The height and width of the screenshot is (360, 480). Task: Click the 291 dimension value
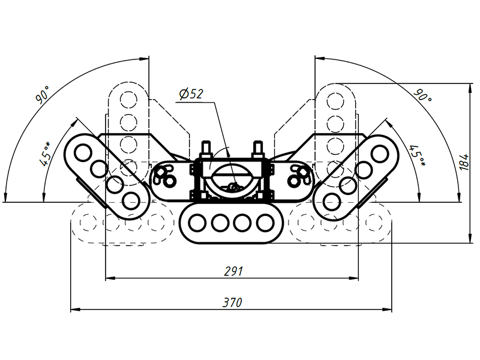click(x=233, y=271)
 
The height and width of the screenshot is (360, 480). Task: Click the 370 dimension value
click(x=232, y=302)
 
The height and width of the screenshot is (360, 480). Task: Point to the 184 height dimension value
click(x=464, y=162)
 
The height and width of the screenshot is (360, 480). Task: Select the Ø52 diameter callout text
click(x=191, y=94)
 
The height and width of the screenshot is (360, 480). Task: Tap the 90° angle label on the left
click(x=43, y=95)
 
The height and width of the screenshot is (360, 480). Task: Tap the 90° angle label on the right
click(x=423, y=95)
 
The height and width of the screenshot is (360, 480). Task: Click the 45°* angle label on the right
click(x=418, y=155)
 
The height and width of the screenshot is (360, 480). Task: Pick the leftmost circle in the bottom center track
click(x=197, y=223)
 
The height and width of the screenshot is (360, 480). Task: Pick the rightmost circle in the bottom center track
click(x=265, y=223)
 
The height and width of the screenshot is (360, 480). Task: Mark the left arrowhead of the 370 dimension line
click(x=76, y=310)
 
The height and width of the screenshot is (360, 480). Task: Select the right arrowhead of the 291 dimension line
click(x=353, y=278)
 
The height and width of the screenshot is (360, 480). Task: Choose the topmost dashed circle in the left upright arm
click(x=128, y=100)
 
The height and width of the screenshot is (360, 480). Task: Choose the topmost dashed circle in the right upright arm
click(x=335, y=100)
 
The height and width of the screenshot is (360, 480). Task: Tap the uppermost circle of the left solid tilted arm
click(x=83, y=152)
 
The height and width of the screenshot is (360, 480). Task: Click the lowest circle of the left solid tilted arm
click(x=131, y=200)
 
